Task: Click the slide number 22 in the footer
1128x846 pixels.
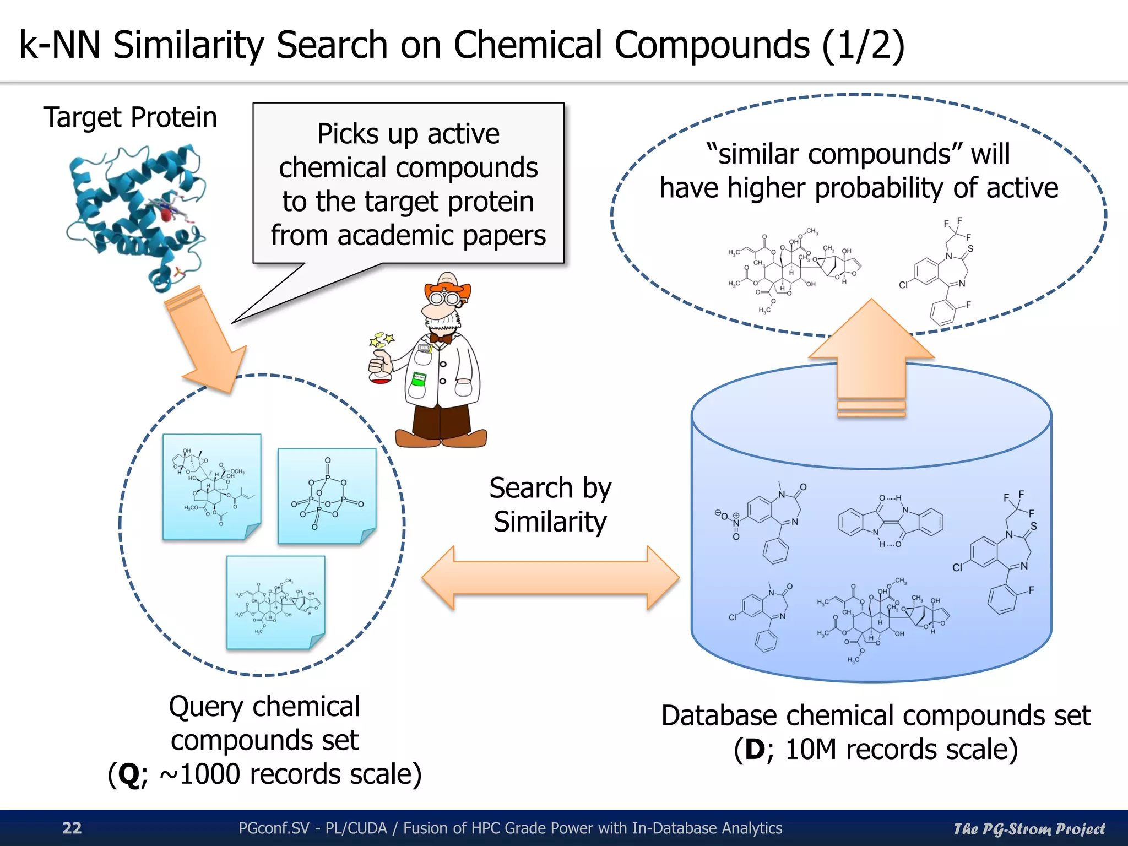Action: (72, 828)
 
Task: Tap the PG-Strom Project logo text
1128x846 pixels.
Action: (1029, 829)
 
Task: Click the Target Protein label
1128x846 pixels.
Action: (130, 117)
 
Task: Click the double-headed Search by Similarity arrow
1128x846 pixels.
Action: (550, 578)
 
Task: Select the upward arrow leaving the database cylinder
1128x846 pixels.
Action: (871, 358)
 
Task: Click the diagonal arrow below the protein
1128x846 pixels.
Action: (209, 341)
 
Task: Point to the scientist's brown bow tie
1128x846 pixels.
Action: (441, 338)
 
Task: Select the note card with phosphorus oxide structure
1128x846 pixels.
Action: (327, 496)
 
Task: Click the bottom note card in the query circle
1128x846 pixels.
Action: (276, 603)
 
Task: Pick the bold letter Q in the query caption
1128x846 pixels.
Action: (129, 774)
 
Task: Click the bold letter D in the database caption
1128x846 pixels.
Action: (755, 750)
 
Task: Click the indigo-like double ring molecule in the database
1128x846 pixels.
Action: (891, 521)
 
